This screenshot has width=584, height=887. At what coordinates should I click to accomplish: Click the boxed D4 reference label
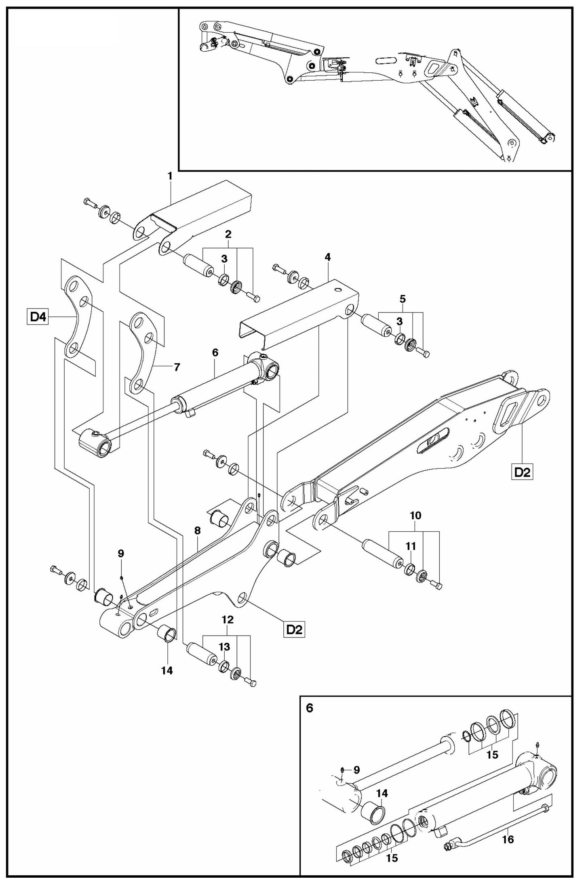click(x=38, y=317)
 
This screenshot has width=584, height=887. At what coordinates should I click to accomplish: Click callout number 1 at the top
click(x=170, y=176)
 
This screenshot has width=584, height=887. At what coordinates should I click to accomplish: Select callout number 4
click(x=327, y=257)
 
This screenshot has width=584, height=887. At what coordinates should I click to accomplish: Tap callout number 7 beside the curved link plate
click(x=177, y=367)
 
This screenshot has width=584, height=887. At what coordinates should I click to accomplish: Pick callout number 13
click(x=225, y=647)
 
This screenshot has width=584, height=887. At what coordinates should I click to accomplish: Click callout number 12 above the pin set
click(x=228, y=620)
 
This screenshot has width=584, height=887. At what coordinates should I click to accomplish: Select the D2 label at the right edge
click(x=522, y=473)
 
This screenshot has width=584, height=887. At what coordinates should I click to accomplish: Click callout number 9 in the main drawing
click(x=121, y=554)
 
